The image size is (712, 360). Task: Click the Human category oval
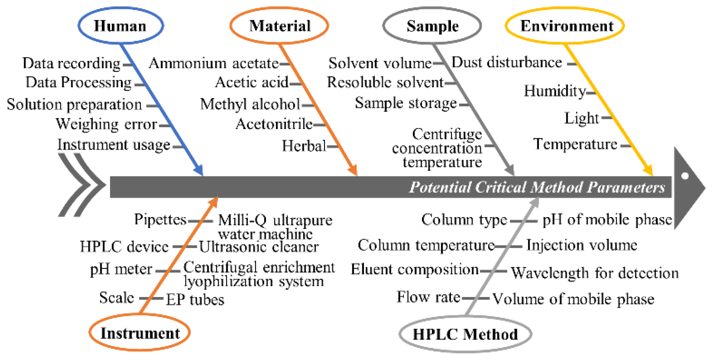(121, 26)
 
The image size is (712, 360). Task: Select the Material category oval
(279, 26)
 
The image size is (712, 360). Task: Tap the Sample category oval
(432, 26)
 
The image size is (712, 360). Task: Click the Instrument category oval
(140, 333)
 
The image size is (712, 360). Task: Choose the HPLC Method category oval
(465, 334)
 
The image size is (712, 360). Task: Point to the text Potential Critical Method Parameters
(537, 187)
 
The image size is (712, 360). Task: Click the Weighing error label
(106, 124)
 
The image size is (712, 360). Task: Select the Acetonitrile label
(274, 124)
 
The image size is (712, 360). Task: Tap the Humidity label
(555, 91)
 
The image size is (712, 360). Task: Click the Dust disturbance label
(506, 63)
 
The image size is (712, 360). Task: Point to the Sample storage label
(406, 103)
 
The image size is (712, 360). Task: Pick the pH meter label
(121, 269)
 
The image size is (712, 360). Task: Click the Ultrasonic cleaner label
(259, 247)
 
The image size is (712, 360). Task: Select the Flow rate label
(428, 297)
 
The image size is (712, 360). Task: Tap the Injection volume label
(581, 245)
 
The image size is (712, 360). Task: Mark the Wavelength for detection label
(595, 273)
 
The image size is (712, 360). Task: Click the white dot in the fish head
(685, 176)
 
